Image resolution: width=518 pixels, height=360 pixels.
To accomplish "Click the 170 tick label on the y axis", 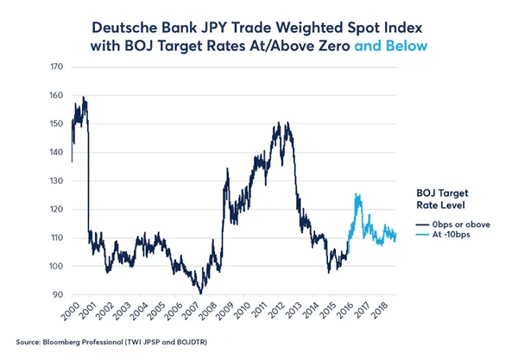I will pos(56,66).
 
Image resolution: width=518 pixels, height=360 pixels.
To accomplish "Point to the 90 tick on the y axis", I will pos(57,294).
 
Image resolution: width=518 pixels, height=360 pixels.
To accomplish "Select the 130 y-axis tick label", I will pos(56,180).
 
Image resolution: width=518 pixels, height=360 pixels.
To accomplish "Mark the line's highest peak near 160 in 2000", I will pos(83,97).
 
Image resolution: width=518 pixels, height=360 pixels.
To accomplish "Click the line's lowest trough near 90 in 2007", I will pos(200,294).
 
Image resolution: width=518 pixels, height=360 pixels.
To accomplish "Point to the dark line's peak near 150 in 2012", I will pos(286,123).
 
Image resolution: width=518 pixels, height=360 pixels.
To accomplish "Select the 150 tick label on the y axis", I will pos(56,123).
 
